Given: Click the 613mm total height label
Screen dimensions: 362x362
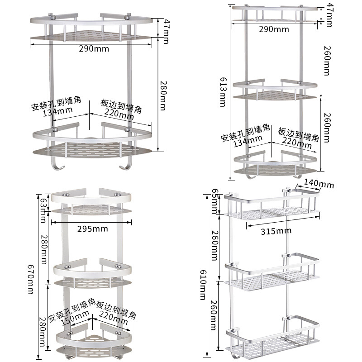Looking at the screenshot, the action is click(x=223, y=92).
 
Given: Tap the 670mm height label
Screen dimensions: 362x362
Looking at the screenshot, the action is click(x=31, y=279).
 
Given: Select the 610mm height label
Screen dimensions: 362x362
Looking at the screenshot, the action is click(x=203, y=285).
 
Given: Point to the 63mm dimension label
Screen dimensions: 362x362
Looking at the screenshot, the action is click(x=43, y=210).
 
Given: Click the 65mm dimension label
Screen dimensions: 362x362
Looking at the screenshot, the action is click(x=214, y=201).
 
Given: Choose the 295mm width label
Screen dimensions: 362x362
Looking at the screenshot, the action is click(x=93, y=229).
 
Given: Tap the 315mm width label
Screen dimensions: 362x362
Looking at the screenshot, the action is click(x=276, y=231).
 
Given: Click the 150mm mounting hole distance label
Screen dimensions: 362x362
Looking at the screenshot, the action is click(x=76, y=318).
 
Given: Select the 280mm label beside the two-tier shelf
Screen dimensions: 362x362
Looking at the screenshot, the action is click(x=163, y=95).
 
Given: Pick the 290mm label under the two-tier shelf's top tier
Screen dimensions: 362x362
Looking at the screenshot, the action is click(x=94, y=49).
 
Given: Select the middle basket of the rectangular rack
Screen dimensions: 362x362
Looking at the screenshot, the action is click(x=272, y=273).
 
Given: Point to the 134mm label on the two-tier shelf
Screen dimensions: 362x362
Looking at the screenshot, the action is click(x=58, y=111).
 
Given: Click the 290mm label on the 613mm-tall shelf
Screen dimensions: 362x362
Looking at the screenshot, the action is click(x=274, y=29).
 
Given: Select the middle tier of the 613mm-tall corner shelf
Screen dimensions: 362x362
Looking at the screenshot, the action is click(x=275, y=90).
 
